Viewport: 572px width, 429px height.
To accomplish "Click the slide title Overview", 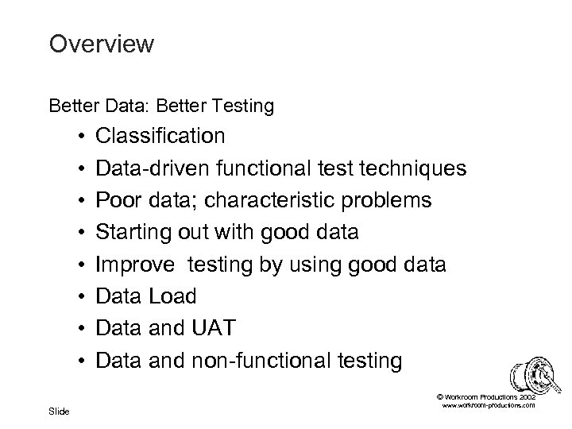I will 101,44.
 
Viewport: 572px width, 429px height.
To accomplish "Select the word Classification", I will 160,136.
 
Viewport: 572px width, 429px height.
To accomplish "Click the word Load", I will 172,297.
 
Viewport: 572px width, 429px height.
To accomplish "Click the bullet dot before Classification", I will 82,137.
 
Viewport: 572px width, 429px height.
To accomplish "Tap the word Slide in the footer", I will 60,411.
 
